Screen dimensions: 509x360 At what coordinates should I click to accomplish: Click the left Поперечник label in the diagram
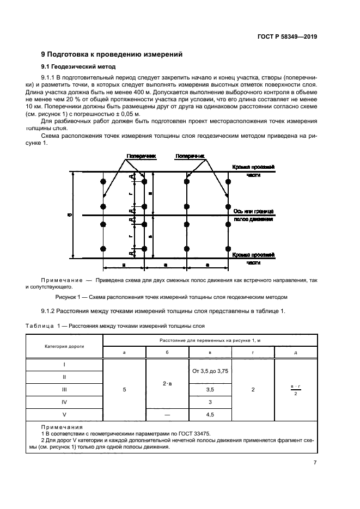(x=141, y=156)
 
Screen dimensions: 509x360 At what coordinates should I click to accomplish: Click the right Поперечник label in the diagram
(x=190, y=156)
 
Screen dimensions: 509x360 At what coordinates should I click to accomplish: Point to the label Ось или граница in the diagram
(x=253, y=211)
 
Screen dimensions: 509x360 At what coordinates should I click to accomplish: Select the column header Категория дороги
(x=65, y=346)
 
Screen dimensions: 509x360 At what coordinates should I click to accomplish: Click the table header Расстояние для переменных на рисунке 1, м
(x=210, y=340)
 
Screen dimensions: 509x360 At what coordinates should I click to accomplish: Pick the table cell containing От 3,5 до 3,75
(x=210, y=371)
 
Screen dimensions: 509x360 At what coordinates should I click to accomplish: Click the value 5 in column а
(x=124, y=389)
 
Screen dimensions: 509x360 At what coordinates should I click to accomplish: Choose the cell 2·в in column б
(x=167, y=383)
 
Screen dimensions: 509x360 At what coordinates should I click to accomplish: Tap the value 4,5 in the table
(x=210, y=414)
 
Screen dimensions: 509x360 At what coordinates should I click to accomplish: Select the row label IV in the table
(x=65, y=402)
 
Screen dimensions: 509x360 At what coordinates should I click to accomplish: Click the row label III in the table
(x=65, y=389)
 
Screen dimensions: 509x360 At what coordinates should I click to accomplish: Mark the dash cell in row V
(x=167, y=414)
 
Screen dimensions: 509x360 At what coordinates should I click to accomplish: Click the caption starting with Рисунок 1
(x=171, y=297)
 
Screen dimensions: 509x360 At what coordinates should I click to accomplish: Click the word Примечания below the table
(x=62, y=427)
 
